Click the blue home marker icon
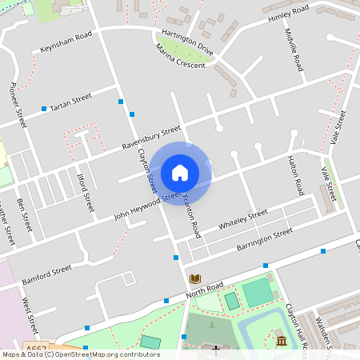tap(180, 172)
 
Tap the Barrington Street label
tap(266, 240)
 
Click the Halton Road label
tap(296, 175)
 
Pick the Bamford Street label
tap(47, 274)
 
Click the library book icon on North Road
tap(194, 278)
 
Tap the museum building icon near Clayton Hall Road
tap(282, 341)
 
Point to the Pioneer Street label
tap(18, 104)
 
